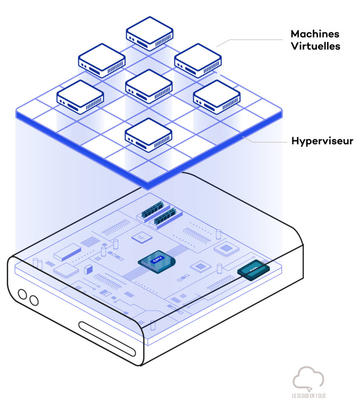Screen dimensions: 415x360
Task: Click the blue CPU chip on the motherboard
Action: [156, 263]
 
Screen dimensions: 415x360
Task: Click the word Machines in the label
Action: [315, 34]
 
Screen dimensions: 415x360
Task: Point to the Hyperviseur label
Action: [322, 141]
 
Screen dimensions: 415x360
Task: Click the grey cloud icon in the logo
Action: [308, 378]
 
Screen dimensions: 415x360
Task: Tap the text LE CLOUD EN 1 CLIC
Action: [309, 396]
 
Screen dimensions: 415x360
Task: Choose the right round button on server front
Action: [34, 300]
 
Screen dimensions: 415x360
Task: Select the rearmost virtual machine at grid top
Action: [149, 34]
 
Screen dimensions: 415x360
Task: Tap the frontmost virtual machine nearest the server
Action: [149, 135]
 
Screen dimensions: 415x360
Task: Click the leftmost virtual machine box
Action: [80, 97]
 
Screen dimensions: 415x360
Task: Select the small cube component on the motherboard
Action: [87, 269]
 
